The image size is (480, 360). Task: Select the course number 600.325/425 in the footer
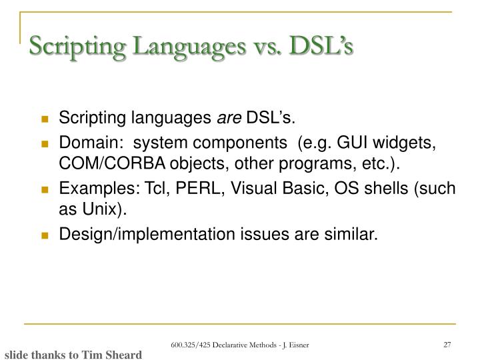(x=187, y=345)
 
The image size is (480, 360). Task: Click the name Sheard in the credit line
(x=121, y=355)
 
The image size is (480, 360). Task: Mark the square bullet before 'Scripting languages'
(x=45, y=120)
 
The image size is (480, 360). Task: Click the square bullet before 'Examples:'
(x=45, y=190)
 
